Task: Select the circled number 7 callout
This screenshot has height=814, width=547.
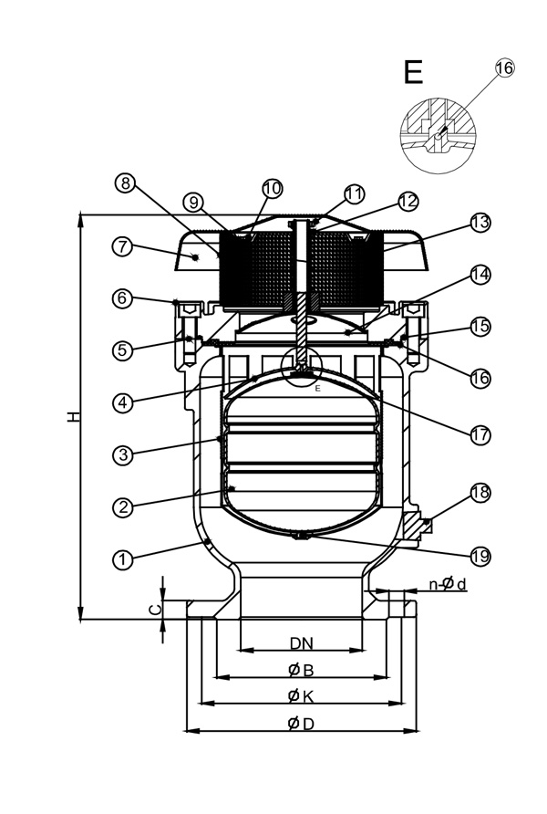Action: [125, 246]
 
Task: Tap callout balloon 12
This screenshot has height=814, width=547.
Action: [408, 200]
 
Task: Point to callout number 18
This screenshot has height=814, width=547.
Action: [480, 494]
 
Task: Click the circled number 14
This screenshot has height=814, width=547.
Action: [480, 274]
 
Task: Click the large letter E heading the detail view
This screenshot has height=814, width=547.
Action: [413, 71]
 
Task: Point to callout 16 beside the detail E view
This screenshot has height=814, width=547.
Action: [504, 68]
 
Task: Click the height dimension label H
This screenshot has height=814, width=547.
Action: [73, 415]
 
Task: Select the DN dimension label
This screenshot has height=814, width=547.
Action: [301, 642]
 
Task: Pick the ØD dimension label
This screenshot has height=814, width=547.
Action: [301, 724]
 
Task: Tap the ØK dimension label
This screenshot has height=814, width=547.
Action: [301, 696]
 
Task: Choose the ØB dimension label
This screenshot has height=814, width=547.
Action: [301, 670]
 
